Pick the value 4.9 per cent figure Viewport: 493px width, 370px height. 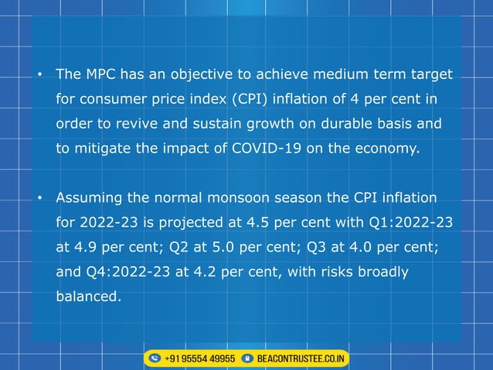[x=85, y=247]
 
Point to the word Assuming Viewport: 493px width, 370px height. [x=90, y=198]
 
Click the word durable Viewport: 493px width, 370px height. [x=338, y=124]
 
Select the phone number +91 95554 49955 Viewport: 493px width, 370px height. [x=200, y=359]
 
